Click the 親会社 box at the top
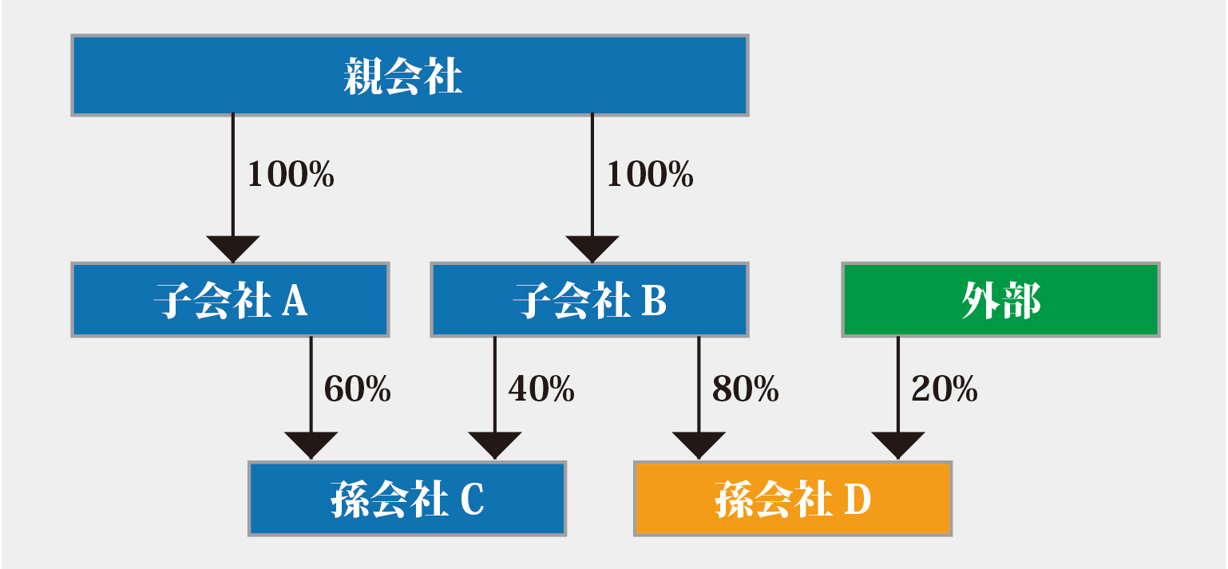(410, 76)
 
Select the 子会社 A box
(230, 300)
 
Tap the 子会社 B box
(590, 300)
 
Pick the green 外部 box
(1001, 300)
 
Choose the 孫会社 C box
(407, 499)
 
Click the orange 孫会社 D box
(793, 499)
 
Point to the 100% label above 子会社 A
(291, 174)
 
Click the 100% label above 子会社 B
(650, 174)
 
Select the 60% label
(358, 389)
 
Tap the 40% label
(541, 389)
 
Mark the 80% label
(746, 389)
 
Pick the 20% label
(945, 389)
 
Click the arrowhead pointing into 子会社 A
(233, 248)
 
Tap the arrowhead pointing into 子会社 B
(592, 248)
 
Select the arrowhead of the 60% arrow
(311, 445)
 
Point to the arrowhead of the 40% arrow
(495, 445)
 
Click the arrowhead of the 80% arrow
(699, 445)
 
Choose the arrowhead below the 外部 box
(898, 445)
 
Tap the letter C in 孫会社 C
(473, 500)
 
